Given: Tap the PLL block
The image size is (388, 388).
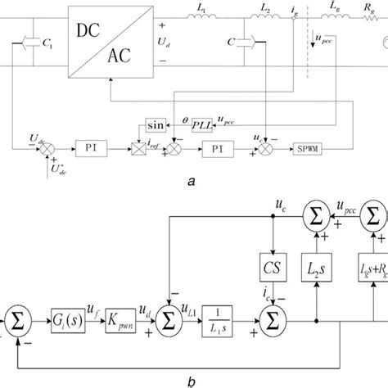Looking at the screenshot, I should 199,124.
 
